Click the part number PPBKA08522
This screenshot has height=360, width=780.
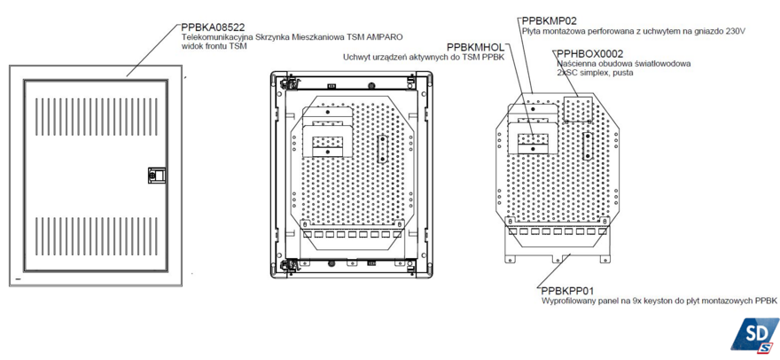click(213, 27)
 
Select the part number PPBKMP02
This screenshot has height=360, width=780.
click(550, 21)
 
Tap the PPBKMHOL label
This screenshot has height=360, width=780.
click(476, 47)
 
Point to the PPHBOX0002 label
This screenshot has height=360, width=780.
click(590, 54)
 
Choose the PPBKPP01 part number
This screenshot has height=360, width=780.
click(566, 290)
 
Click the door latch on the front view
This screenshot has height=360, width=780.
click(156, 175)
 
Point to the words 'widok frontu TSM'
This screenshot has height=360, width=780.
click(214, 46)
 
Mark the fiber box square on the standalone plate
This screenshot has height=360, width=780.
click(578, 109)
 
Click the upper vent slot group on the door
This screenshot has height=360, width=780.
click(97, 111)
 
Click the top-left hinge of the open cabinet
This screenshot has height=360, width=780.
click(286, 82)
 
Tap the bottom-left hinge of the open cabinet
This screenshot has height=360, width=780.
click(287, 265)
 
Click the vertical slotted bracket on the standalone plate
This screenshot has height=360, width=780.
click(587, 146)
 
